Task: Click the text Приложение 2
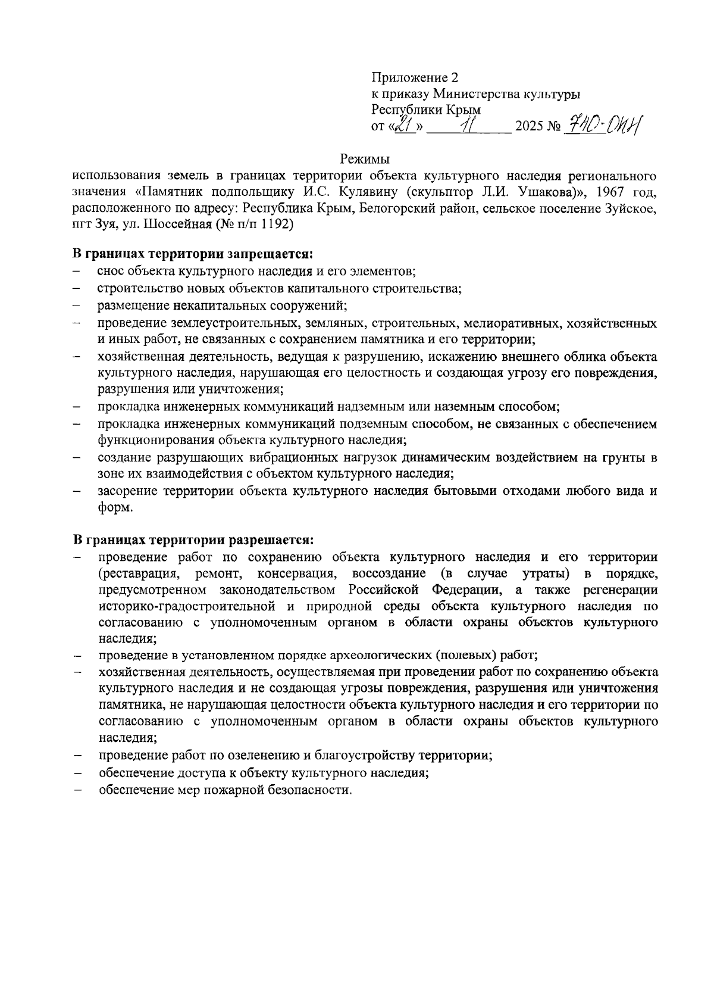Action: (415, 77)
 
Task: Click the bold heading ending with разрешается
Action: (193, 540)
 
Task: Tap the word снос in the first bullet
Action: (110, 272)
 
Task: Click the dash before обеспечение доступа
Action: (77, 773)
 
